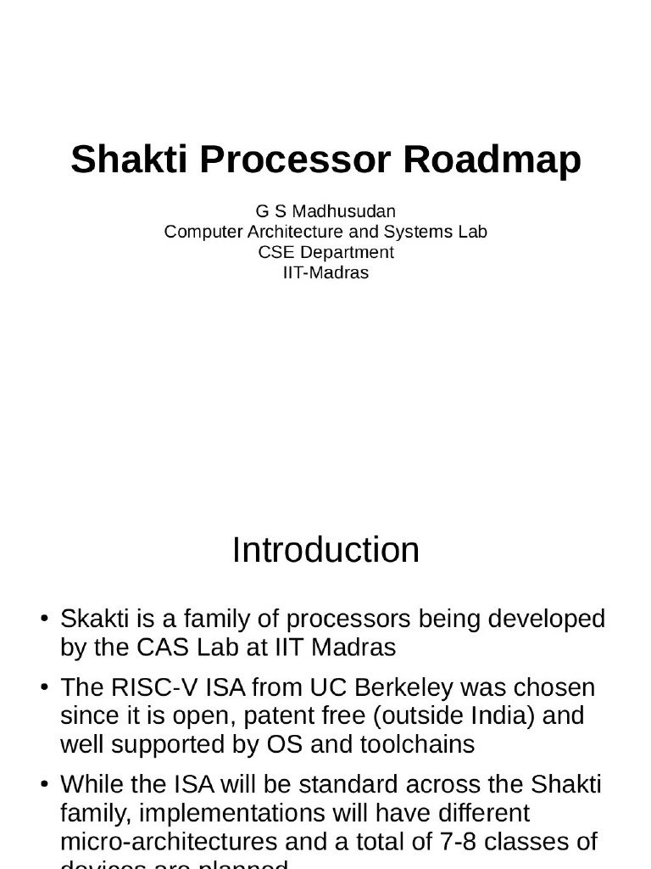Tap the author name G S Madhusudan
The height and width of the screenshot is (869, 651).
click(x=325, y=210)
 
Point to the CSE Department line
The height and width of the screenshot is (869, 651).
click(x=325, y=252)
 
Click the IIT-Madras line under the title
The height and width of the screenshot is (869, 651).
click(x=325, y=272)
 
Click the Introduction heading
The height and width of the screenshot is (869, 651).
click(x=325, y=550)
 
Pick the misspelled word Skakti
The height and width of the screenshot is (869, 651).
click(x=96, y=620)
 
